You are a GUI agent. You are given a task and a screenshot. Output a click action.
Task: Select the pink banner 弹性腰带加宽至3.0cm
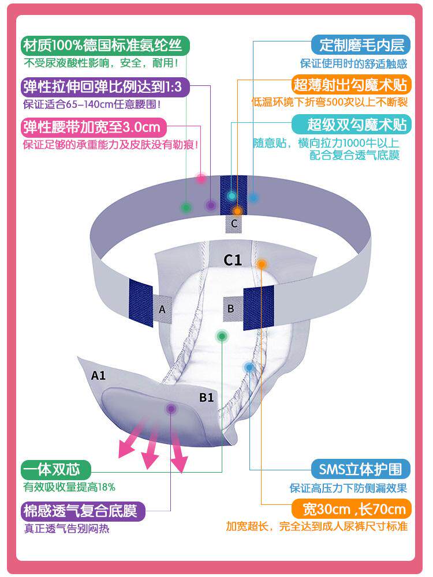(93, 126)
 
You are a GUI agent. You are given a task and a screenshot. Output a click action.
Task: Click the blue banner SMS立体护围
(360, 468)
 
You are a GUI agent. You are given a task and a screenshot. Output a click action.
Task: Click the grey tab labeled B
(231, 308)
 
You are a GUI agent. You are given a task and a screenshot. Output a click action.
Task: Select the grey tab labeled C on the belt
(234, 224)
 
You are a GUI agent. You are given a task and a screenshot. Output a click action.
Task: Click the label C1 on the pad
(233, 261)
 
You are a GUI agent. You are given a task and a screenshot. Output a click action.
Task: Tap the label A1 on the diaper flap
(99, 375)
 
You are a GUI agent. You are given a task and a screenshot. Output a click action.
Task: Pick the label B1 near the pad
(207, 397)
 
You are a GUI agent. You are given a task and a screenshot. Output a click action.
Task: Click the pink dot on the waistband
(201, 179)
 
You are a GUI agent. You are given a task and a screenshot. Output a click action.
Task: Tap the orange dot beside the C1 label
(262, 264)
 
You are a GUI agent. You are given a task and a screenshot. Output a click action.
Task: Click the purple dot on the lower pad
(171, 409)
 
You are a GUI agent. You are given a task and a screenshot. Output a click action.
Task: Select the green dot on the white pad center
(221, 335)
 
